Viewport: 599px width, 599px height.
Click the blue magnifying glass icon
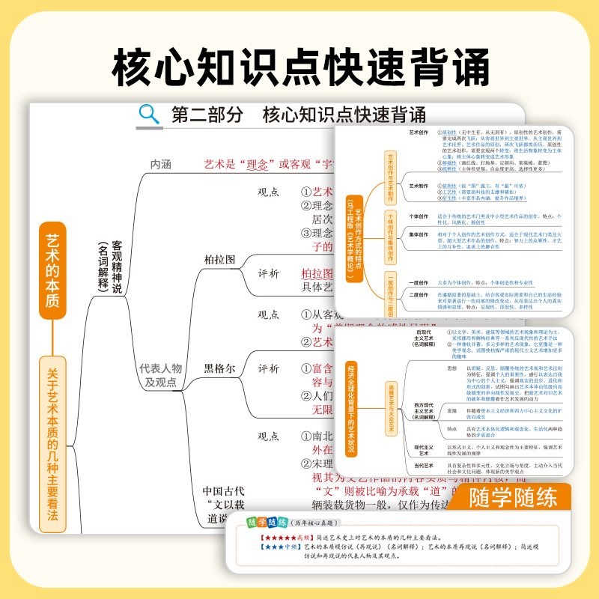150,114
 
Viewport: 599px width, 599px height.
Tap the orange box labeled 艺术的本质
52,270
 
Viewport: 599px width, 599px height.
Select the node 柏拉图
219,259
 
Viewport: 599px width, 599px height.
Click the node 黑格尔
219,368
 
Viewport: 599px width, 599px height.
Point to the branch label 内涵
162,162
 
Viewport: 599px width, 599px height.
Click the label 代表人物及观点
160,374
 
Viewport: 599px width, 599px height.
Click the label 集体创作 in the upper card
419,234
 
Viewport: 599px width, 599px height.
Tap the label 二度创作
419,294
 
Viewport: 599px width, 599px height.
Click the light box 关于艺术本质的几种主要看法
52,442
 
